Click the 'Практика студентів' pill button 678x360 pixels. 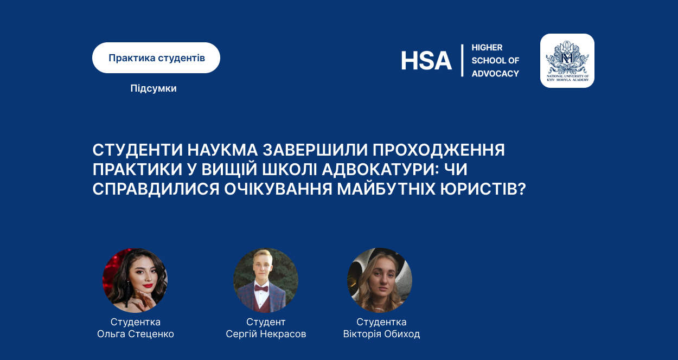click(x=156, y=58)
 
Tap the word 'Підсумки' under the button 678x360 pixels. click(x=153, y=88)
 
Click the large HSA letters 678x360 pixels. click(x=426, y=61)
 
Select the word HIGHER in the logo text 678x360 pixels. click(x=487, y=48)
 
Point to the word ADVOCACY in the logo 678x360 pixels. click(x=495, y=74)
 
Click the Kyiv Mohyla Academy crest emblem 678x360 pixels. click(x=567, y=61)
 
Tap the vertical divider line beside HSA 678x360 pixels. click(x=462, y=61)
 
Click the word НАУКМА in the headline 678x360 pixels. click(x=222, y=150)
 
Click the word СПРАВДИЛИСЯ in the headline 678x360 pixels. click(x=156, y=189)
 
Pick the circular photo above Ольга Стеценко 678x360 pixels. click(x=135, y=280)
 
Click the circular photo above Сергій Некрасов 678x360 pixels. click(x=266, y=280)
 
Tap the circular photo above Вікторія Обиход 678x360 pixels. click(x=380, y=280)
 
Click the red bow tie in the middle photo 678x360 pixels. click(x=261, y=288)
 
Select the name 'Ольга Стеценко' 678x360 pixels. click(x=135, y=334)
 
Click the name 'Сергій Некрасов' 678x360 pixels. click(x=266, y=334)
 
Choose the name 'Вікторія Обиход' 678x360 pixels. click(x=381, y=334)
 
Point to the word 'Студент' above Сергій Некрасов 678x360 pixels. click(x=266, y=322)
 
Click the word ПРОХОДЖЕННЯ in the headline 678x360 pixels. click(x=439, y=150)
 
